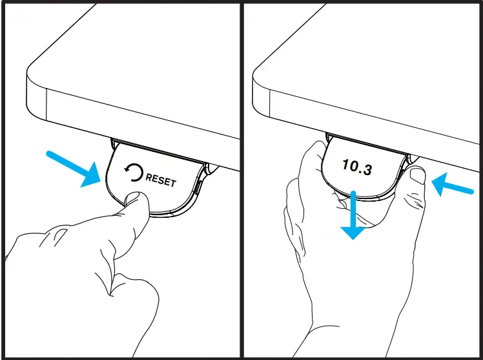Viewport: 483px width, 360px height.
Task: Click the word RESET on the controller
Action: tap(161, 179)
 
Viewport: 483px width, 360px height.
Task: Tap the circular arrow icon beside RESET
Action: tap(134, 173)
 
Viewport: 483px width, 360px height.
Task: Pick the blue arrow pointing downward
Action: tap(353, 217)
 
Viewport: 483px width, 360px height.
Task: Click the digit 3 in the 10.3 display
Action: tap(367, 171)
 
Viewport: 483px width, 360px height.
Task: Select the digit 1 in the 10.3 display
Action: tap(345, 165)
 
